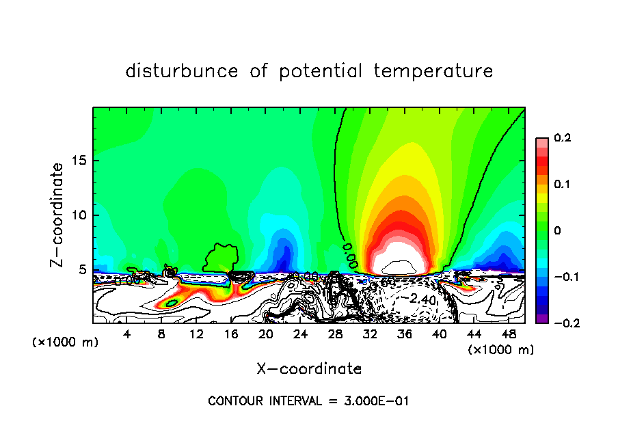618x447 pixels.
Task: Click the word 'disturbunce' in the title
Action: coord(181,71)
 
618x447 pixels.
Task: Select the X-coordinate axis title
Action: coord(309,369)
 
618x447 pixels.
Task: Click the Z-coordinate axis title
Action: coord(58,215)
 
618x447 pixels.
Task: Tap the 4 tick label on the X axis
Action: coord(126,334)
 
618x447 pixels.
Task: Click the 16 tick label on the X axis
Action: coord(230,334)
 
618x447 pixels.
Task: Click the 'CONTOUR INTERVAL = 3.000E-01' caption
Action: coord(308,401)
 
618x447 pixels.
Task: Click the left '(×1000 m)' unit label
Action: coord(66,342)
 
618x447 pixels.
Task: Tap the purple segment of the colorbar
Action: coord(541,318)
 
